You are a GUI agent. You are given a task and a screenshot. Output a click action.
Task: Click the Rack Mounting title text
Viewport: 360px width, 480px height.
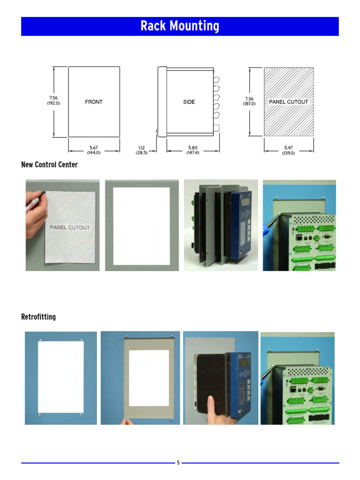coord(180,26)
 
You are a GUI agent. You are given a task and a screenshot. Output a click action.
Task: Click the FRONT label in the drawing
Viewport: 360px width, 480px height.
coord(94,102)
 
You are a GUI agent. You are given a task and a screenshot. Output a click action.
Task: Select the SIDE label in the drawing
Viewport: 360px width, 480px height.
coord(189,102)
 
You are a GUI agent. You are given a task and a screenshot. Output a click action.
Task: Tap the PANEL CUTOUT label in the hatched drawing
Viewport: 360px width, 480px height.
coord(288,102)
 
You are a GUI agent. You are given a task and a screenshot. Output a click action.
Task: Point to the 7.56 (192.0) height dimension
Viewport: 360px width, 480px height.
coord(53,100)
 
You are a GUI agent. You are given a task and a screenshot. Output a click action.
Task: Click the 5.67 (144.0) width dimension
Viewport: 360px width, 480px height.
coord(94,150)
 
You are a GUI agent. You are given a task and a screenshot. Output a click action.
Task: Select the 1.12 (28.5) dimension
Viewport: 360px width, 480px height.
coord(142,150)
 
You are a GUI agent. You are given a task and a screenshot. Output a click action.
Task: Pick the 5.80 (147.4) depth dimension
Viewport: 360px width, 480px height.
coord(193,150)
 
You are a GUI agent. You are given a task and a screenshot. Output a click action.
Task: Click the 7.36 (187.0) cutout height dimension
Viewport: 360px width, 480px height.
coord(249,101)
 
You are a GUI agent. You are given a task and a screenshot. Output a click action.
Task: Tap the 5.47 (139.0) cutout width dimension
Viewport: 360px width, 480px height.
coord(288,150)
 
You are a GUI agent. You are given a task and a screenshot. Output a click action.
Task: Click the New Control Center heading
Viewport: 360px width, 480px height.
coord(49,165)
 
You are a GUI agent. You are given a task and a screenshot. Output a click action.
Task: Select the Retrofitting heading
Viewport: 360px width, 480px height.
coord(38,317)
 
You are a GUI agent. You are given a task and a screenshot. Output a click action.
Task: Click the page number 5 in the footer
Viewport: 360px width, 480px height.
coord(178,463)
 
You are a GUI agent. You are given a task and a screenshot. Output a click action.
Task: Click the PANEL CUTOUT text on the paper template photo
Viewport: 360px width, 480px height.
coord(69,227)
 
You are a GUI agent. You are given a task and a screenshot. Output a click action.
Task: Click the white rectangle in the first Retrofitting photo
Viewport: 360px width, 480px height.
coord(60,377)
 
